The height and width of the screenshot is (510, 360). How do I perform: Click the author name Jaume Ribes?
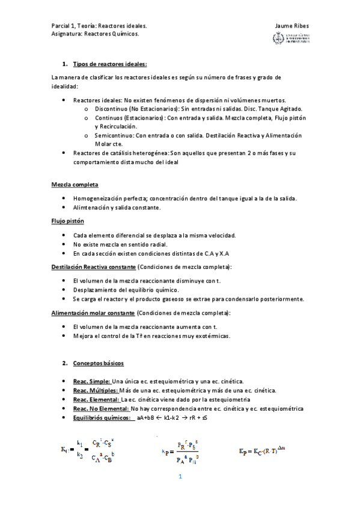coord(291,26)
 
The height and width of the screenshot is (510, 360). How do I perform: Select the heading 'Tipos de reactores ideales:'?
coord(110,64)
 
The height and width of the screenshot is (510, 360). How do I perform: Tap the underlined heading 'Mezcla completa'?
coord(75,184)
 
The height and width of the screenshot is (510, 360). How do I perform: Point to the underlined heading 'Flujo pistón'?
coord(67,221)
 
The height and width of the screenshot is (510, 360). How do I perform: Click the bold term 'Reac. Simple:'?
coord(91,382)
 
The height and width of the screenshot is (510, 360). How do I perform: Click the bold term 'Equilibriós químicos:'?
coord(102,418)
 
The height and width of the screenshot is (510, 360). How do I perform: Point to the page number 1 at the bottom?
coord(180,478)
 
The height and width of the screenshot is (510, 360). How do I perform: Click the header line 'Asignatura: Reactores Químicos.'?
coord(95,34)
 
